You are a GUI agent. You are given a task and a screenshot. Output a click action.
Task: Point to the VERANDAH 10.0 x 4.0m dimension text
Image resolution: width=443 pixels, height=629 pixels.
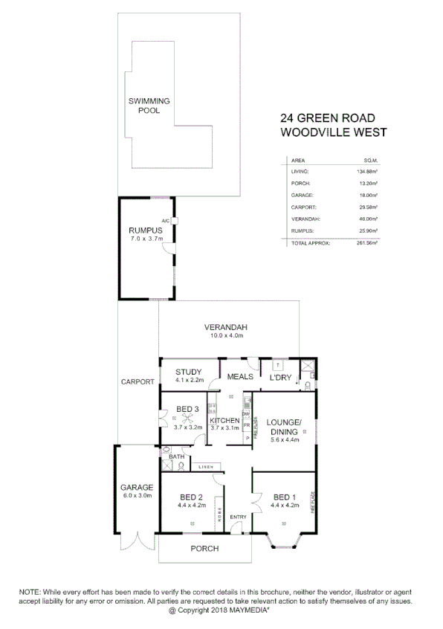(226, 336)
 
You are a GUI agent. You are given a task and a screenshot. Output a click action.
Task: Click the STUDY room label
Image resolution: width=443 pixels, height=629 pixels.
(189, 372)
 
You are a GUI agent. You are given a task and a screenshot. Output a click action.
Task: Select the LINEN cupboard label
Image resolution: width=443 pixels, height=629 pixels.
(206, 466)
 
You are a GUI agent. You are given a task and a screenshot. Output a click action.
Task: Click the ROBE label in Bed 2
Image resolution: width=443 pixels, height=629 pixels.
(219, 512)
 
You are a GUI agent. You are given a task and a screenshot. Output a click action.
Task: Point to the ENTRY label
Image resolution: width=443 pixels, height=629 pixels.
(238, 517)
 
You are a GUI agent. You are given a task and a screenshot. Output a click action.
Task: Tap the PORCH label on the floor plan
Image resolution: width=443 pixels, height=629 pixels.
(204, 549)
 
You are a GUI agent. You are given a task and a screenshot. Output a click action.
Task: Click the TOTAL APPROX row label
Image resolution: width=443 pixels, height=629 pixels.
(310, 243)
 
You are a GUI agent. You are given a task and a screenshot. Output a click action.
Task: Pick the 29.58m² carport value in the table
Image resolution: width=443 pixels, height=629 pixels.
(367, 207)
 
